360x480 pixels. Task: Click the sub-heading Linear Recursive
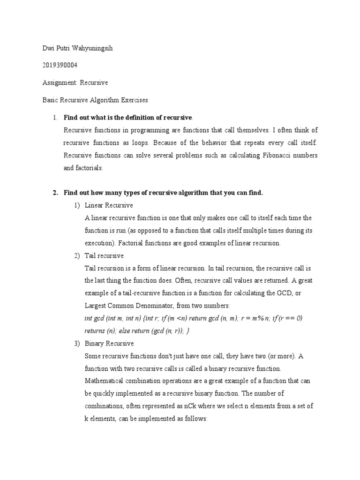(x=109, y=205)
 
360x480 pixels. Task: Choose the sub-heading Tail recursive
(x=104, y=256)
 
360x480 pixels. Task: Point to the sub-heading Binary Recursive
(x=109, y=344)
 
